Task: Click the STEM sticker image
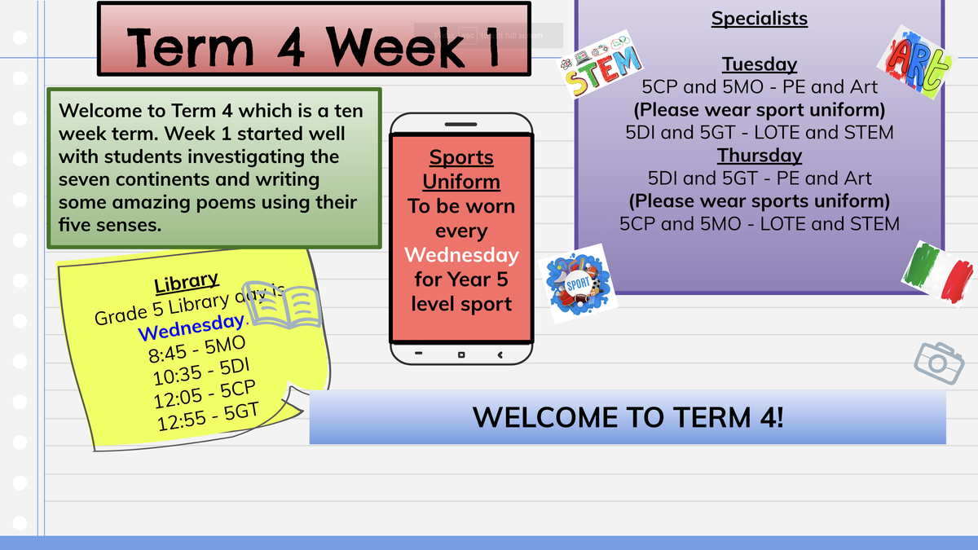[x=601, y=64]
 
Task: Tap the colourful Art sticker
[x=916, y=62]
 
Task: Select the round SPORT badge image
[x=578, y=284]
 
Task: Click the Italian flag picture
[x=939, y=274]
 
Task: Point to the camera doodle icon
[x=939, y=363]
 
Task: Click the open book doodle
[x=282, y=305]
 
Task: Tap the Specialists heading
[x=760, y=18]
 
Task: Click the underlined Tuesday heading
[x=760, y=64]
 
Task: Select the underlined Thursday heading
[x=760, y=156]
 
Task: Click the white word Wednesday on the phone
[x=461, y=255]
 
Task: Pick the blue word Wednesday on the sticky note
[x=191, y=327]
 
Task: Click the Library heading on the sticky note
[x=186, y=282]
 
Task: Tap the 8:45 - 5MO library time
[x=196, y=350]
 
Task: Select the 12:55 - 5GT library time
[x=208, y=417]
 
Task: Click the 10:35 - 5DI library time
[x=201, y=372]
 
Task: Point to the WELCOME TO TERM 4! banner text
[x=628, y=417]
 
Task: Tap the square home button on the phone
[x=461, y=355]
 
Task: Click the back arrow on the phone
[x=500, y=355]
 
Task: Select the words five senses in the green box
[x=110, y=225]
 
